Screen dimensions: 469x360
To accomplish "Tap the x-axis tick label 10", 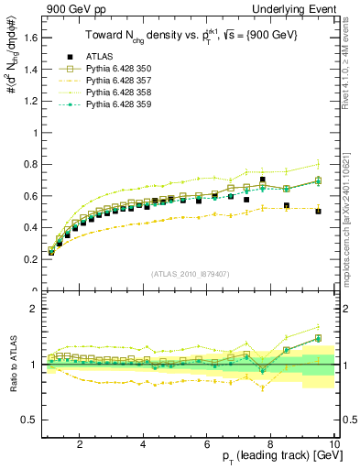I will pyautogui.click(x=335, y=443).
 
